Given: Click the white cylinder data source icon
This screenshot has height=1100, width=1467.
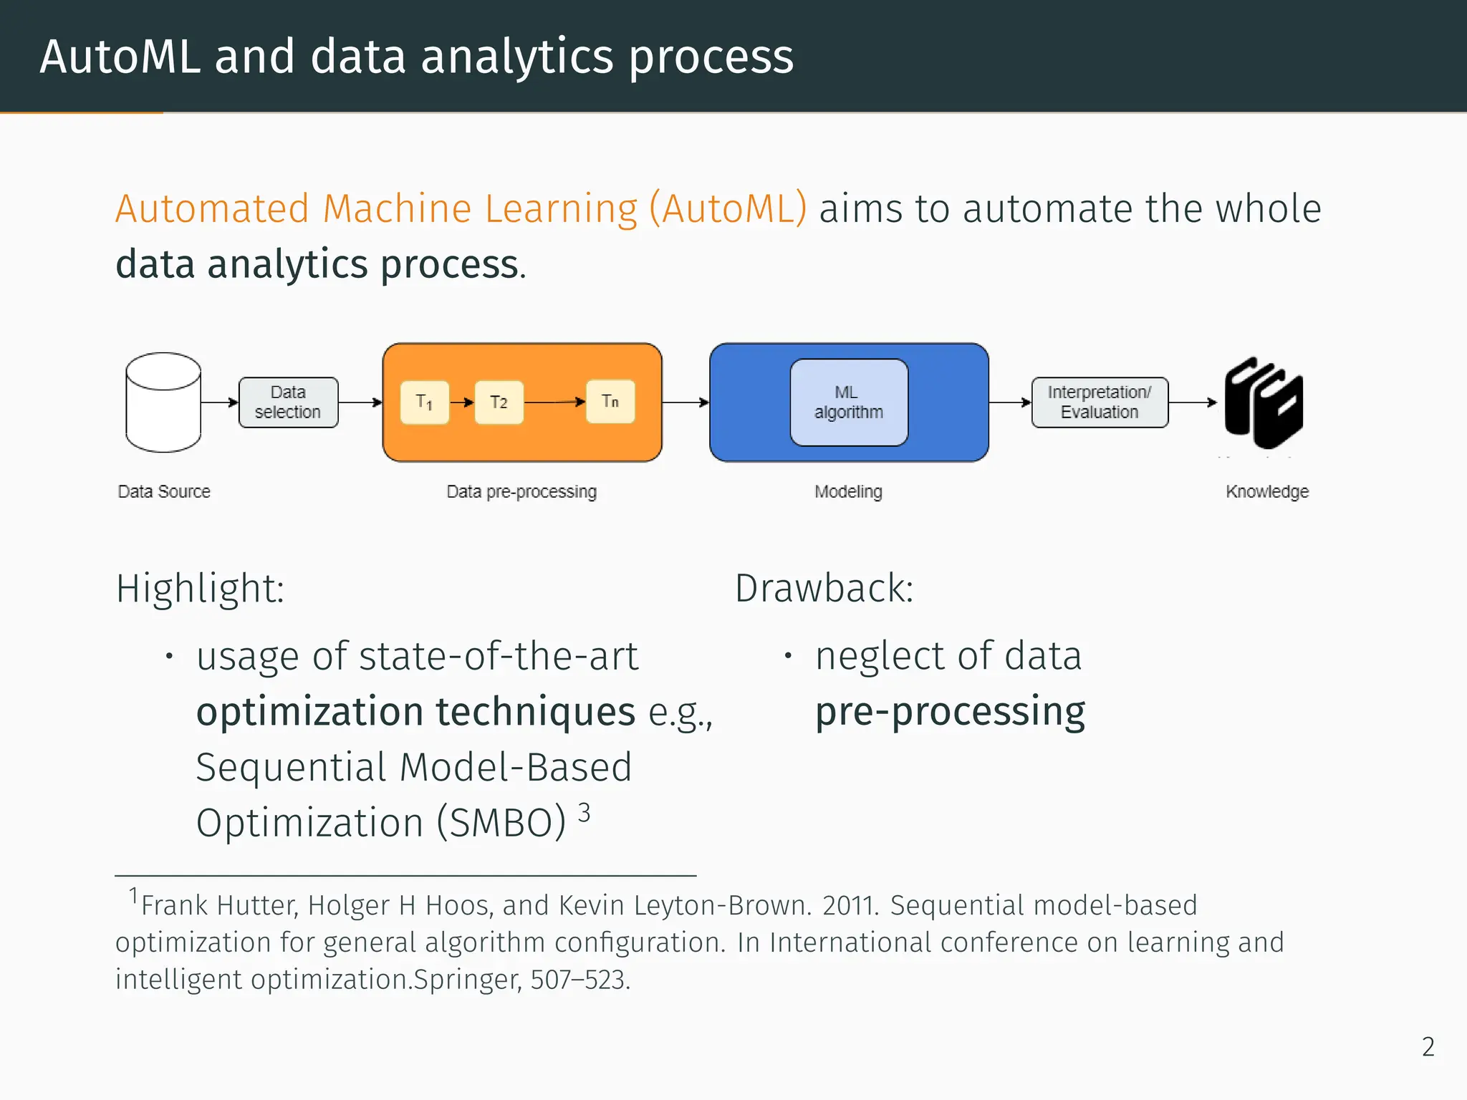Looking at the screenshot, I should coord(163,402).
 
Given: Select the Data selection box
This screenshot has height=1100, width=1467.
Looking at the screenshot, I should coord(288,402).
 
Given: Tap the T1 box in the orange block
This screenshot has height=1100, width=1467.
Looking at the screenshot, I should coord(424,402).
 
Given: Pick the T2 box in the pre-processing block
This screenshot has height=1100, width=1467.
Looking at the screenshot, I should coord(499,402).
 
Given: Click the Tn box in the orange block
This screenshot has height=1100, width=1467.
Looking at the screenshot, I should coord(610,401).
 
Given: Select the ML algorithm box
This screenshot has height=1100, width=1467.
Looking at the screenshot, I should coord(849,402).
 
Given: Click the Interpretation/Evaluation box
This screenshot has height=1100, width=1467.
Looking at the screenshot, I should coord(1100,402).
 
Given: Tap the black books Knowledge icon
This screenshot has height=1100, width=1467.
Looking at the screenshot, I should coord(1264,402).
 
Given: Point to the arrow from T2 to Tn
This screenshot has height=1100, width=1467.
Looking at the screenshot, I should coord(555,402).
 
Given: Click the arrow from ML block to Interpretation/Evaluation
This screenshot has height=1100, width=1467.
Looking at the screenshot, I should coord(1010,402).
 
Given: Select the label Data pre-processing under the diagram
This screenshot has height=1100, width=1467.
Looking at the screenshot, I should coord(521,492).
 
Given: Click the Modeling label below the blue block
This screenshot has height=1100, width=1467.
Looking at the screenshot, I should coord(849,492).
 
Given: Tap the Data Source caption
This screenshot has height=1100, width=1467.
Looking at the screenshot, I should coord(164,492).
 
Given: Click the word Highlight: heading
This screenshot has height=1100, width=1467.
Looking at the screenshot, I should coord(201,589).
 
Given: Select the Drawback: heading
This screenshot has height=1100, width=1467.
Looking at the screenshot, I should coord(824,589).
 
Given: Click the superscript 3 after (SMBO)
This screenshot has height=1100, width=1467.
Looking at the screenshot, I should coord(585,813).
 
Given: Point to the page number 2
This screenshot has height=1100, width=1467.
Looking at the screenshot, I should coord(1428,1047).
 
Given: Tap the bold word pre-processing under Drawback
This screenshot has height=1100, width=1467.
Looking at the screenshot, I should coord(951,712).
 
